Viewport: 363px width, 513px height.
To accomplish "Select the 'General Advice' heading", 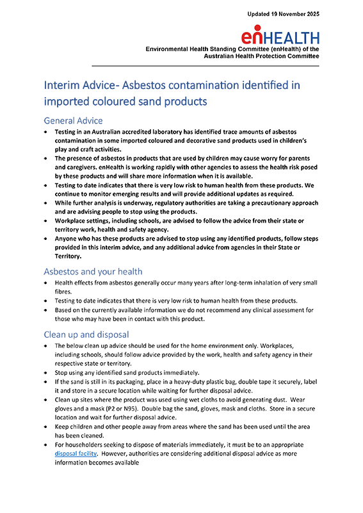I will point(73,120).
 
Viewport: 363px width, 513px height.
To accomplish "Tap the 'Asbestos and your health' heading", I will point(92,271).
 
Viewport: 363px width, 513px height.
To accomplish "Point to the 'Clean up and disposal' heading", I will point(86,334).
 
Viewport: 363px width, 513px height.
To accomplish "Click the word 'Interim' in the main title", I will point(63,85).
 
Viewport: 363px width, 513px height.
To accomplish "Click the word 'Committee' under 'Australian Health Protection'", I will point(298,56).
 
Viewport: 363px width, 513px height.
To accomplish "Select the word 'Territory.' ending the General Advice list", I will point(72,255).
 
